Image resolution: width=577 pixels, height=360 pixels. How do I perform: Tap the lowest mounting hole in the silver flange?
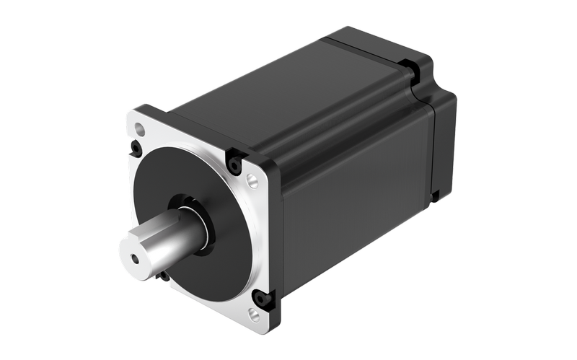pyautogui.click(x=254, y=314)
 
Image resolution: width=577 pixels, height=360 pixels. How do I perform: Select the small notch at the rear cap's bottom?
pyautogui.click(x=435, y=195)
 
